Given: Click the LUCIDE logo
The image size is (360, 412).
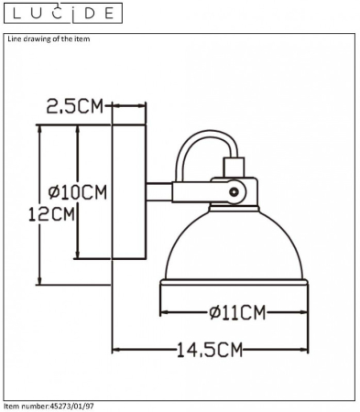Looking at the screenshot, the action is (63, 13).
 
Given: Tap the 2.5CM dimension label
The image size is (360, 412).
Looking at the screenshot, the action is (75, 106).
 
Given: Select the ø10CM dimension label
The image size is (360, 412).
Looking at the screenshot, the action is (78, 192).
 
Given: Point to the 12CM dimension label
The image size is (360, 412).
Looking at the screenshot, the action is (51, 213).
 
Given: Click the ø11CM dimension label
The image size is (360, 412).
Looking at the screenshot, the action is (237, 312).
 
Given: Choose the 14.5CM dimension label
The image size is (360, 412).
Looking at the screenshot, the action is (210, 350).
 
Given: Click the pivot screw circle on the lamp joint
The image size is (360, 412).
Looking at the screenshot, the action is (235, 192).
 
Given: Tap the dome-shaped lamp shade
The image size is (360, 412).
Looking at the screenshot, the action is (235, 245).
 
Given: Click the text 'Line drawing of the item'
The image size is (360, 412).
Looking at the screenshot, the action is (49, 38).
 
